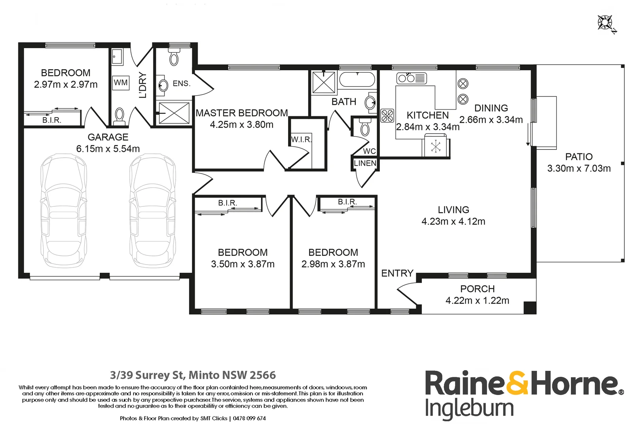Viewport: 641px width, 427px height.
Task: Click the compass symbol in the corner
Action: point(606,23)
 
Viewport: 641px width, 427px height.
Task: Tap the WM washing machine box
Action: point(121,83)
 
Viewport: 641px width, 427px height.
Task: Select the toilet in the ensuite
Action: point(174,58)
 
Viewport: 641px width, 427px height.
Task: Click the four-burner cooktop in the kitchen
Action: point(387,115)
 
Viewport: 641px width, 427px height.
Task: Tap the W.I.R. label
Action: point(302,140)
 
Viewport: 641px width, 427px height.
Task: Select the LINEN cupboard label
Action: point(365,163)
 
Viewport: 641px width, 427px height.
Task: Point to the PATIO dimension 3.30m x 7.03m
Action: point(578,168)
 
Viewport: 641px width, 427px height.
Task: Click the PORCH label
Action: point(477,289)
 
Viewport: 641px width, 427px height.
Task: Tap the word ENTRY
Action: point(397,273)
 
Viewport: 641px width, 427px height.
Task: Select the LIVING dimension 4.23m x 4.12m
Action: point(453,221)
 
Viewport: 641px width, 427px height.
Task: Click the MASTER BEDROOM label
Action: point(242,113)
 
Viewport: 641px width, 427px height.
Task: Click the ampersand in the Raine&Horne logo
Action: point(517,383)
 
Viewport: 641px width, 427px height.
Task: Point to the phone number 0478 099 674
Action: point(249,418)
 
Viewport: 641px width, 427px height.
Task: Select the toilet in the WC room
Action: point(365,128)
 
